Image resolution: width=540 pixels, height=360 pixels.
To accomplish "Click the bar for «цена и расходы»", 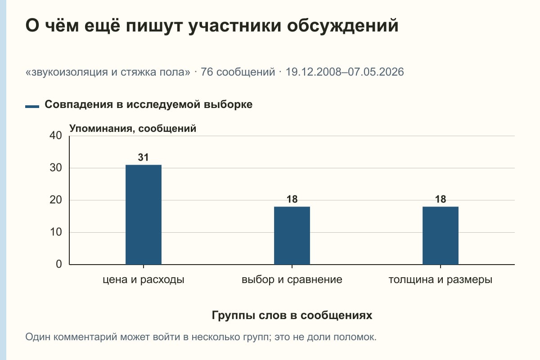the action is [x=144, y=215].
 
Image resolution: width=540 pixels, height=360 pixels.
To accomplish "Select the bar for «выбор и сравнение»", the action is [x=292, y=236].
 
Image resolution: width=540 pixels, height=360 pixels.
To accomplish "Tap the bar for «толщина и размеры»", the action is [x=441, y=236].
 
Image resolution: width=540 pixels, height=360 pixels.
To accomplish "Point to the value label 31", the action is [x=143, y=157].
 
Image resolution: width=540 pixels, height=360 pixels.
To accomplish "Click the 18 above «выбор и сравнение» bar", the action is [x=292, y=199].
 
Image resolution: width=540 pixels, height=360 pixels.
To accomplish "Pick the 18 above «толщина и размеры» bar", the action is [x=441, y=199].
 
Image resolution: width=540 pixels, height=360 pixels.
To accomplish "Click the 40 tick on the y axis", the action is [x=56, y=135].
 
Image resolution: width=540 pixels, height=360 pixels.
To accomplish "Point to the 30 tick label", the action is [x=56, y=168].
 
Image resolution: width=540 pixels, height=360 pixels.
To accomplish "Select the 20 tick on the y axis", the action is [x=56, y=200].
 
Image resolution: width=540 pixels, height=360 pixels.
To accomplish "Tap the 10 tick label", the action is [x=56, y=232].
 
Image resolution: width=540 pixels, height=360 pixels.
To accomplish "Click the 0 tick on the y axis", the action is [x=59, y=264].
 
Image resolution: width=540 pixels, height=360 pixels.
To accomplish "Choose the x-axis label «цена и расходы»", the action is [x=144, y=280].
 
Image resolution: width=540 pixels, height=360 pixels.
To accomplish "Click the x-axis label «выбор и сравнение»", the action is [x=292, y=280].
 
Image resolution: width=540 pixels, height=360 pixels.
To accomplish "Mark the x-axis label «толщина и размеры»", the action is [x=441, y=280].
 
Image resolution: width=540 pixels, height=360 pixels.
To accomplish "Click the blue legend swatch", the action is [x=32, y=107].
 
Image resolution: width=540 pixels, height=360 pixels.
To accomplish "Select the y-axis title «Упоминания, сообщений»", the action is [x=133, y=129].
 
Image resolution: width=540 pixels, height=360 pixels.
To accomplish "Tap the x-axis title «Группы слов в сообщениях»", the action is [x=292, y=315].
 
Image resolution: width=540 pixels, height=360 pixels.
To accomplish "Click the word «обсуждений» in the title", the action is [x=342, y=26].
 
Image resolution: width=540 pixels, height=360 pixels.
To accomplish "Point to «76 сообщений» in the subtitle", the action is [x=238, y=72].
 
